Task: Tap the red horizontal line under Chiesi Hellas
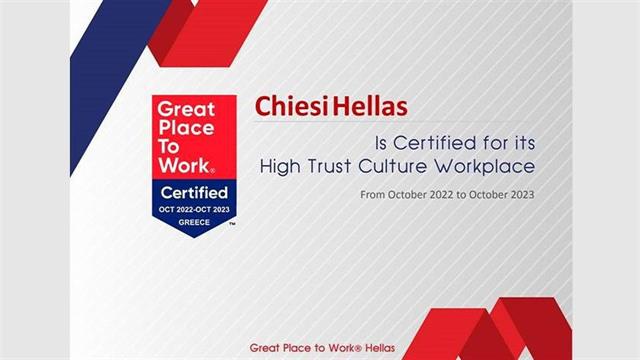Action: coord(400,121)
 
